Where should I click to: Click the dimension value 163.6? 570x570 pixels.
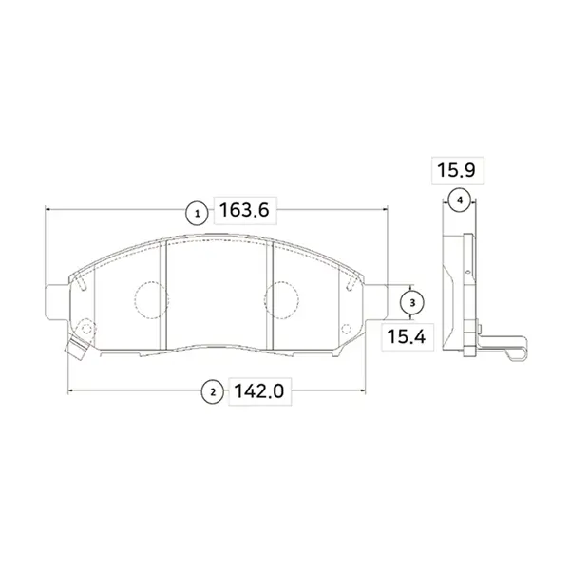tap(244, 211)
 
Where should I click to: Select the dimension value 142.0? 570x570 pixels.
tap(258, 391)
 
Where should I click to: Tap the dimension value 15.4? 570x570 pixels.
tap(406, 336)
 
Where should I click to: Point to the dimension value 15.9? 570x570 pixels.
tap(456, 170)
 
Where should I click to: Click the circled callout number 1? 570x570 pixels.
tap(197, 214)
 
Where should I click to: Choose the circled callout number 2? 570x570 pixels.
tap(213, 392)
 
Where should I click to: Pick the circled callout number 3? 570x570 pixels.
tap(412, 302)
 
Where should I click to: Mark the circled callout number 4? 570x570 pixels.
tap(460, 199)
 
